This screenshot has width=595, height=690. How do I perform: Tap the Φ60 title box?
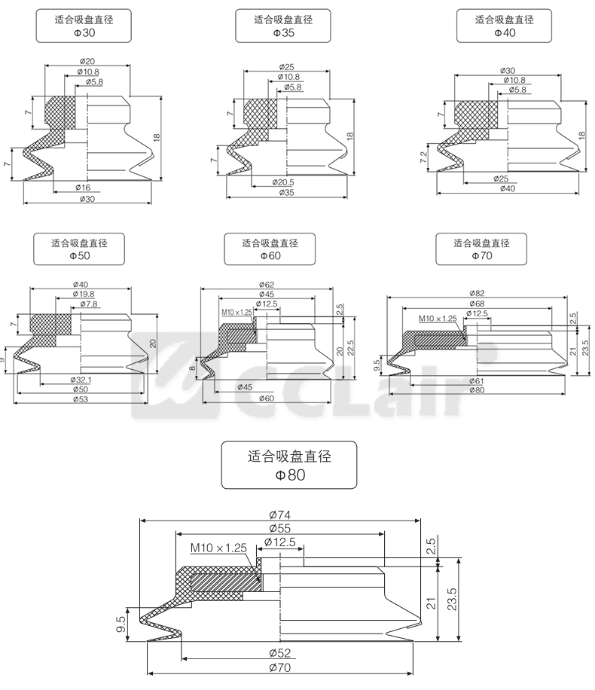click(269, 249)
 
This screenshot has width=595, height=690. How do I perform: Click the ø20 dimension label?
click(87, 62)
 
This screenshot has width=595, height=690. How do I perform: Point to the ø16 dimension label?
click(83, 186)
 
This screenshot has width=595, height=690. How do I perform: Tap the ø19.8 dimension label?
click(84, 294)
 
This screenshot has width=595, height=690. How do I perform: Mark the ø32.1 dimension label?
click(81, 380)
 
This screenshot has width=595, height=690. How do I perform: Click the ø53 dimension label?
click(81, 398)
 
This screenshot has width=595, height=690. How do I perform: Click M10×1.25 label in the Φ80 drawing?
click(218, 548)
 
